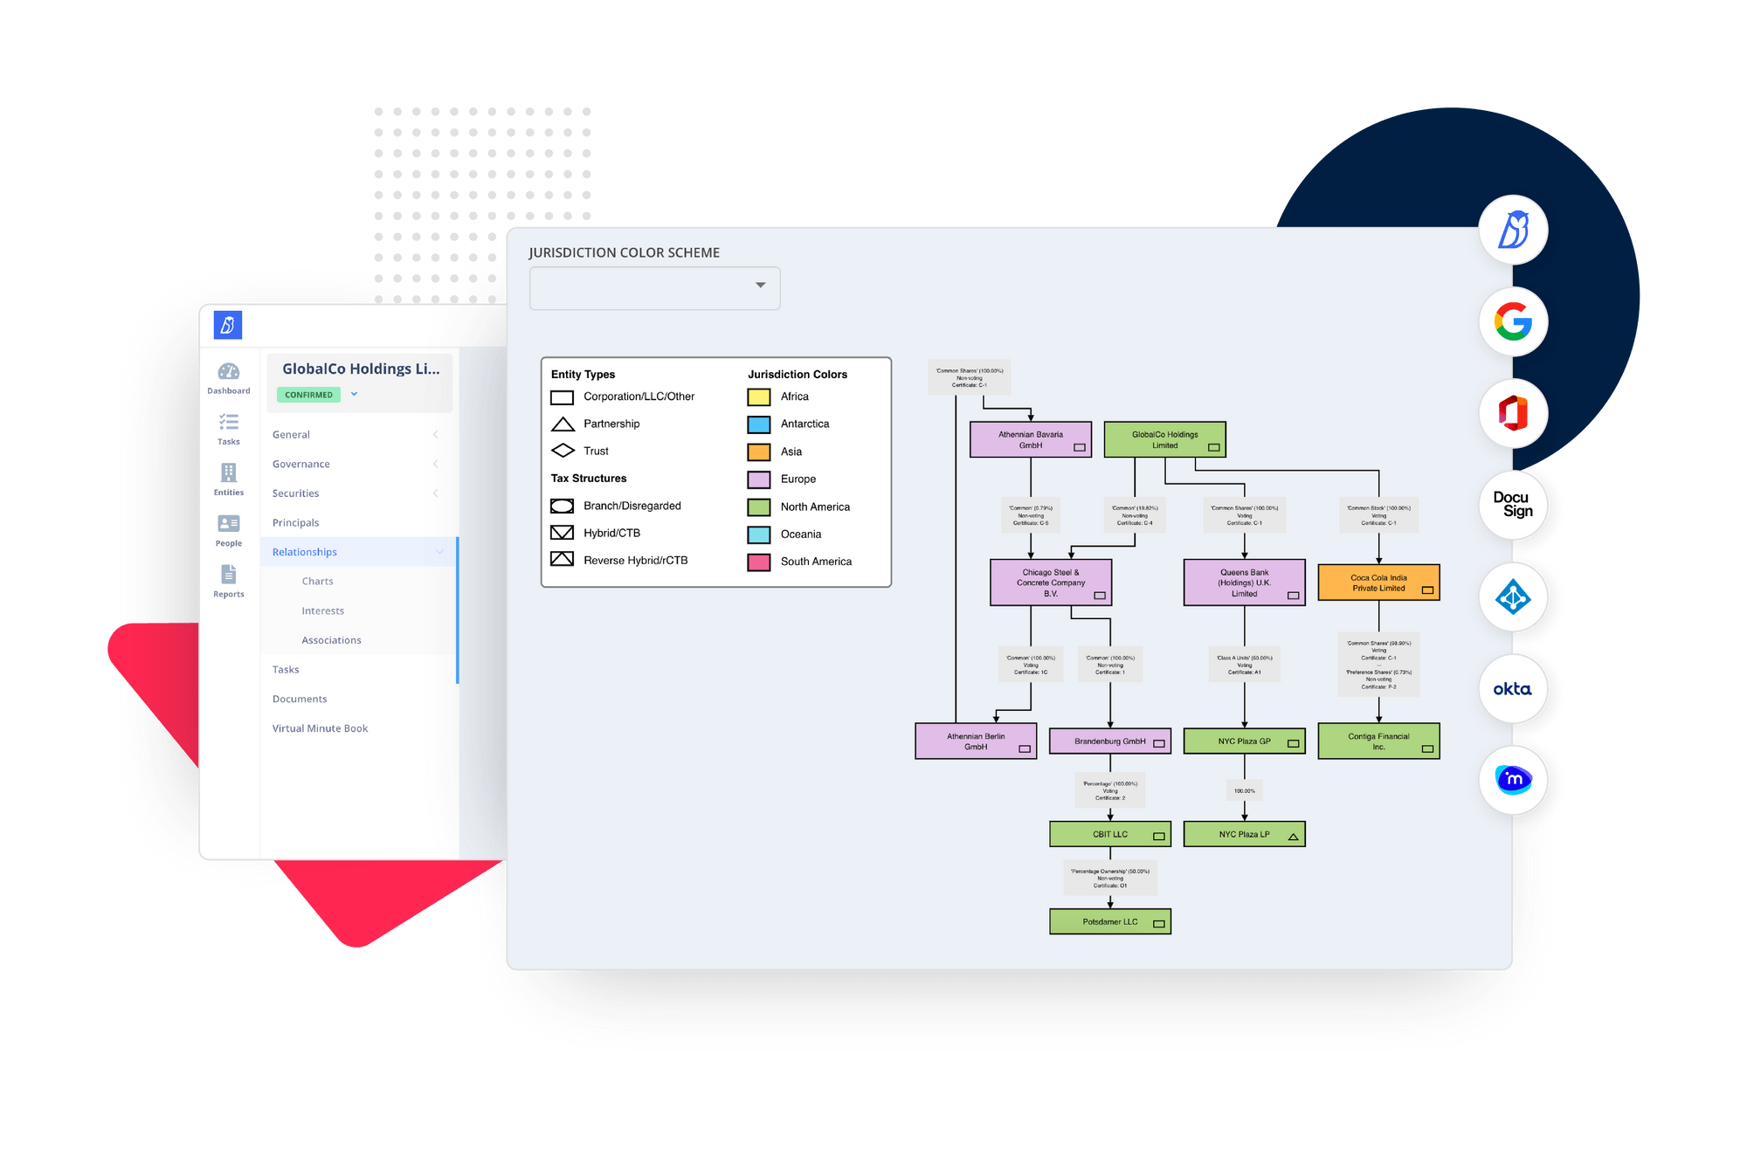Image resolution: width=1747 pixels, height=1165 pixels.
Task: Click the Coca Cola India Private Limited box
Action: [1378, 582]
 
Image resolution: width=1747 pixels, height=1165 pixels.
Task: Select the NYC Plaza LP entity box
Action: [1244, 834]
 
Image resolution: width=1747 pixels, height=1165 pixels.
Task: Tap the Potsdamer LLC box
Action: [1109, 921]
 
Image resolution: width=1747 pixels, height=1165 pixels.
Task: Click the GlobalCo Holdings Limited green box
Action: [1164, 439]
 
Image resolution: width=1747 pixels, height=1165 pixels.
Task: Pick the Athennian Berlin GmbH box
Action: [976, 741]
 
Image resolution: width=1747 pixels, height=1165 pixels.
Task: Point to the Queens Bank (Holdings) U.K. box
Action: [1244, 582]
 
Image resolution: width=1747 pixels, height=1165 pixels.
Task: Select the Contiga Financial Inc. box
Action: [1378, 741]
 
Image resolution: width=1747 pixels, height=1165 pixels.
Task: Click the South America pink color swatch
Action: [758, 562]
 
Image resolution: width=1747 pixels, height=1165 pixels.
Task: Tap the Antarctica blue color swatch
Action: [758, 424]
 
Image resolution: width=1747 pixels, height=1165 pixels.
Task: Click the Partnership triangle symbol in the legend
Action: [563, 424]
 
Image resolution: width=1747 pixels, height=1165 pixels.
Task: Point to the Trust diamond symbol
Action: [563, 451]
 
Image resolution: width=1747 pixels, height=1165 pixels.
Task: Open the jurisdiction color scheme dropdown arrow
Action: [760, 286]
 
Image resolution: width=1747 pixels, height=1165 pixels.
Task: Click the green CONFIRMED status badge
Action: [308, 395]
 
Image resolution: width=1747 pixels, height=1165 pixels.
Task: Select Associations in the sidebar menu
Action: [331, 640]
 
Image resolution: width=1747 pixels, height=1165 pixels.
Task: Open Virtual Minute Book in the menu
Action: [320, 728]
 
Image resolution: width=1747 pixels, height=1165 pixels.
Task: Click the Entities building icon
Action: [229, 473]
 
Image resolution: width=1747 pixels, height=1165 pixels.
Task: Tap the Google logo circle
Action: [1513, 321]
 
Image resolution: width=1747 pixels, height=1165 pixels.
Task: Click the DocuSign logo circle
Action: [1513, 505]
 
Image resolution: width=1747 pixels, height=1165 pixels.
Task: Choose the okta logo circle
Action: [1513, 689]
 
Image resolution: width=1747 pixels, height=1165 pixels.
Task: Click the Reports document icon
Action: [229, 575]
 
